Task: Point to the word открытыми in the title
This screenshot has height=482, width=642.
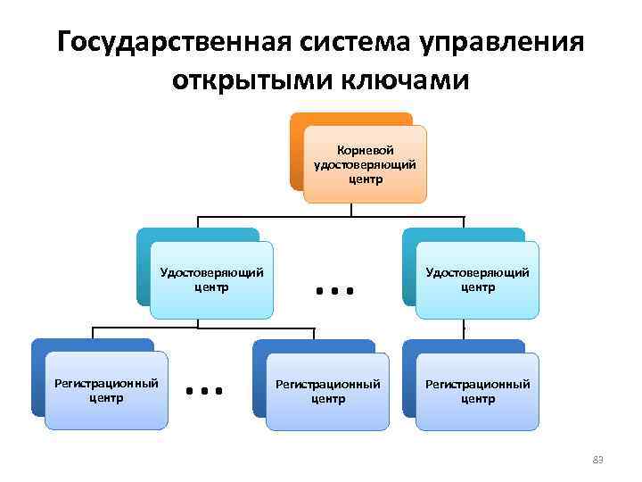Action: click(x=259, y=81)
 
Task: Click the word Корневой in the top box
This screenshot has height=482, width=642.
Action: click(x=366, y=151)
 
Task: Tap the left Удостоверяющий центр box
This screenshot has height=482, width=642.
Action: click(x=211, y=280)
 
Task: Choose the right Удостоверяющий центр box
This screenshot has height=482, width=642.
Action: click(x=477, y=280)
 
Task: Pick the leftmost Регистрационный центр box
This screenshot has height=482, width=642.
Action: click(x=107, y=390)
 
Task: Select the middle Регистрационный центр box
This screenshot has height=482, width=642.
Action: click(x=327, y=391)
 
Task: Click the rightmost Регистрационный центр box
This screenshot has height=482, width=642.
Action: click(x=477, y=391)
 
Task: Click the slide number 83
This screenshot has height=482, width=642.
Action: click(x=598, y=460)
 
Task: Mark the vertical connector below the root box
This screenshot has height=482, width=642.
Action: click(x=352, y=210)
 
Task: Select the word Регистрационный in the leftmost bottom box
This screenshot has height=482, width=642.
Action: click(x=107, y=383)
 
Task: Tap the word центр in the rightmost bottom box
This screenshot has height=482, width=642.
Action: click(x=478, y=399)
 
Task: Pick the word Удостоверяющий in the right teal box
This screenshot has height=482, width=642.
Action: click(x=477, y=273)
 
